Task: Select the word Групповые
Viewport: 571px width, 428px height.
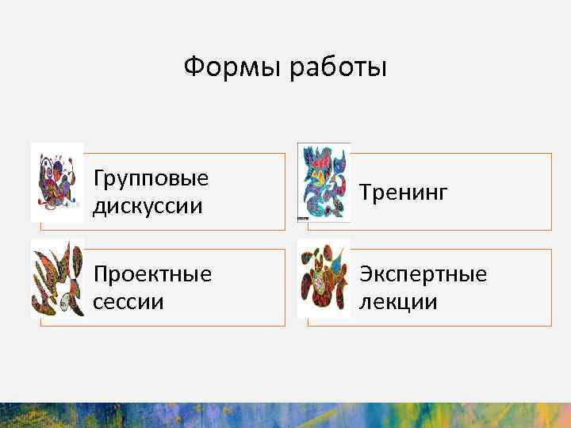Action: coord(151,178)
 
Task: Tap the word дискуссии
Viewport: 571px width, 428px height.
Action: coord(148,206)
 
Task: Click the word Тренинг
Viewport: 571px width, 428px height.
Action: coord(404,192)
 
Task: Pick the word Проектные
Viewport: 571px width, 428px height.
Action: coord(152,274)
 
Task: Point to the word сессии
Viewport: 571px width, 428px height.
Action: coord(128,302)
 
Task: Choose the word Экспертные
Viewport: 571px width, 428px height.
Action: coord(423,274)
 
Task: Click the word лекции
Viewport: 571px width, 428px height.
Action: coord(397,302)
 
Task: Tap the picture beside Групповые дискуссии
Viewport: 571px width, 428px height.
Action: coord(57,182)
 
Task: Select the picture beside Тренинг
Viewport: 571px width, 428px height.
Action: coord(324,182)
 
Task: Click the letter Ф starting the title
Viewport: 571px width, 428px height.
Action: coord(193,67)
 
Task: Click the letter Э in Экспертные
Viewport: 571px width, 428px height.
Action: coord(366,274)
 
